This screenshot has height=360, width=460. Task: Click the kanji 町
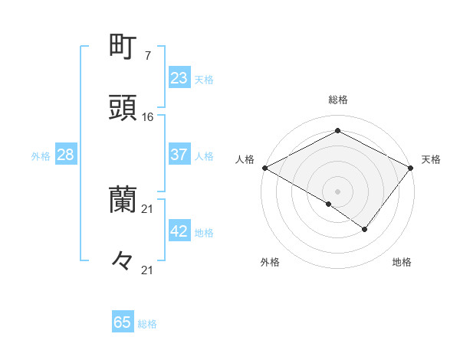click(123, 47)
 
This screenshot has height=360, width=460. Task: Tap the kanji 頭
click(123, 108)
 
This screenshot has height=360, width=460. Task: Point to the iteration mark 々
click(123, 260)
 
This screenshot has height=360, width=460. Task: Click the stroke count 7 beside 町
click(147, 56)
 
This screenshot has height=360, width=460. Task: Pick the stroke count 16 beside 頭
click(148, 117)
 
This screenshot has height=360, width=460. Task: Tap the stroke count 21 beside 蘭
click(148, 208)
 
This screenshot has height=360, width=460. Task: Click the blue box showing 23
click(179, 78)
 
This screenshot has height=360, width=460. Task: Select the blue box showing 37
click(179, 155)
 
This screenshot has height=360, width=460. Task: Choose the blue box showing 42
click(179, 231)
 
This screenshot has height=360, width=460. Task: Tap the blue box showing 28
click(65, 155)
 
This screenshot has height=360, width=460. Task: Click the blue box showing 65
click(123, 322)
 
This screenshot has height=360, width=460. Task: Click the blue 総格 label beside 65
click(147, 324)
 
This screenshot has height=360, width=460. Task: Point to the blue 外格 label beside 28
click(41, 156)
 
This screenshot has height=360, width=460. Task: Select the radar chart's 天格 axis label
click(431, 159)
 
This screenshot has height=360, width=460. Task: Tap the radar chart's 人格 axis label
click(245, 159)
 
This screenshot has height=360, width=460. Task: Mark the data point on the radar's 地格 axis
click(365, 229)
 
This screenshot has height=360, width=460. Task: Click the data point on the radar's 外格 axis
click(329, 204)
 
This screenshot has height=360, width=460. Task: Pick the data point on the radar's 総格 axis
click(337, 131)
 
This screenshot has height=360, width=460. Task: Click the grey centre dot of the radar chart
click(337, 191)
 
